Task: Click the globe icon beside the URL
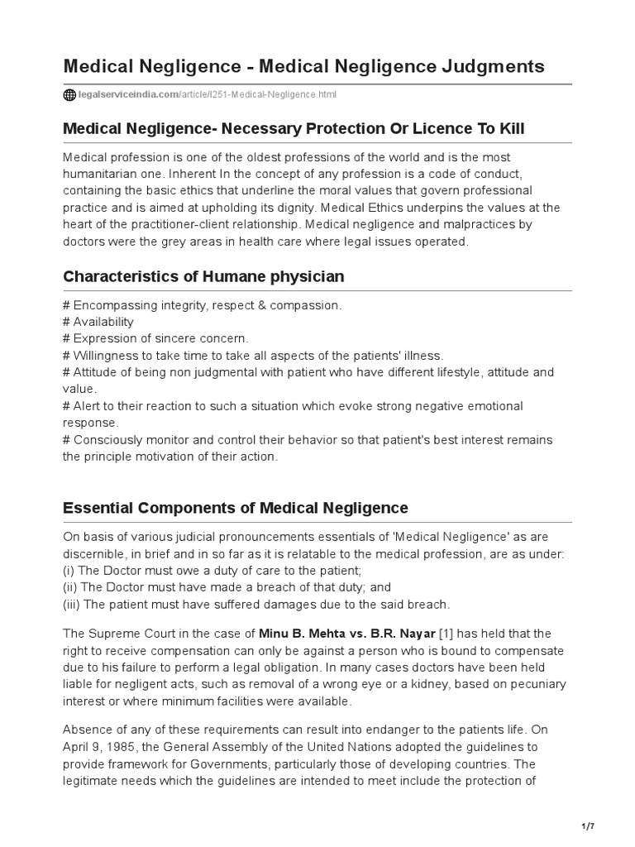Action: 69,95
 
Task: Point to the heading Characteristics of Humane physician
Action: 203,276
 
